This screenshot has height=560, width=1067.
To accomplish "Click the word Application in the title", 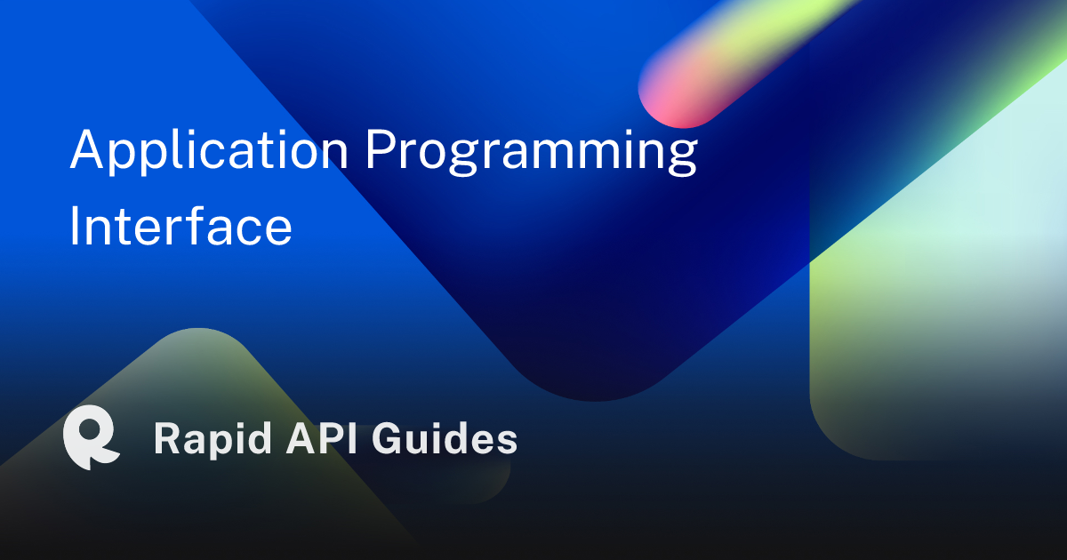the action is tap(210, 150).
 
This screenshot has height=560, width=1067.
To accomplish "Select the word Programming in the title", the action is tap(531, 152).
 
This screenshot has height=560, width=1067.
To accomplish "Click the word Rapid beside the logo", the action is tap(213, 440).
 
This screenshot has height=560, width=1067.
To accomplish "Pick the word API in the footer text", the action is tap(322, 438).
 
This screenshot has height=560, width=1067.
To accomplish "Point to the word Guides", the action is tap(445, 438).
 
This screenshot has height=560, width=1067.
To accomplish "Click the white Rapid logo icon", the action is tap(91, 437).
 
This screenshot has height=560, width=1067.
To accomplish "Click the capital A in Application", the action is tap(86, 148).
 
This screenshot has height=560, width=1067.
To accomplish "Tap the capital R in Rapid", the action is tap(167, 438).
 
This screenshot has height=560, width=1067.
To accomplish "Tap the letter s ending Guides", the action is tap(507, 442).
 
